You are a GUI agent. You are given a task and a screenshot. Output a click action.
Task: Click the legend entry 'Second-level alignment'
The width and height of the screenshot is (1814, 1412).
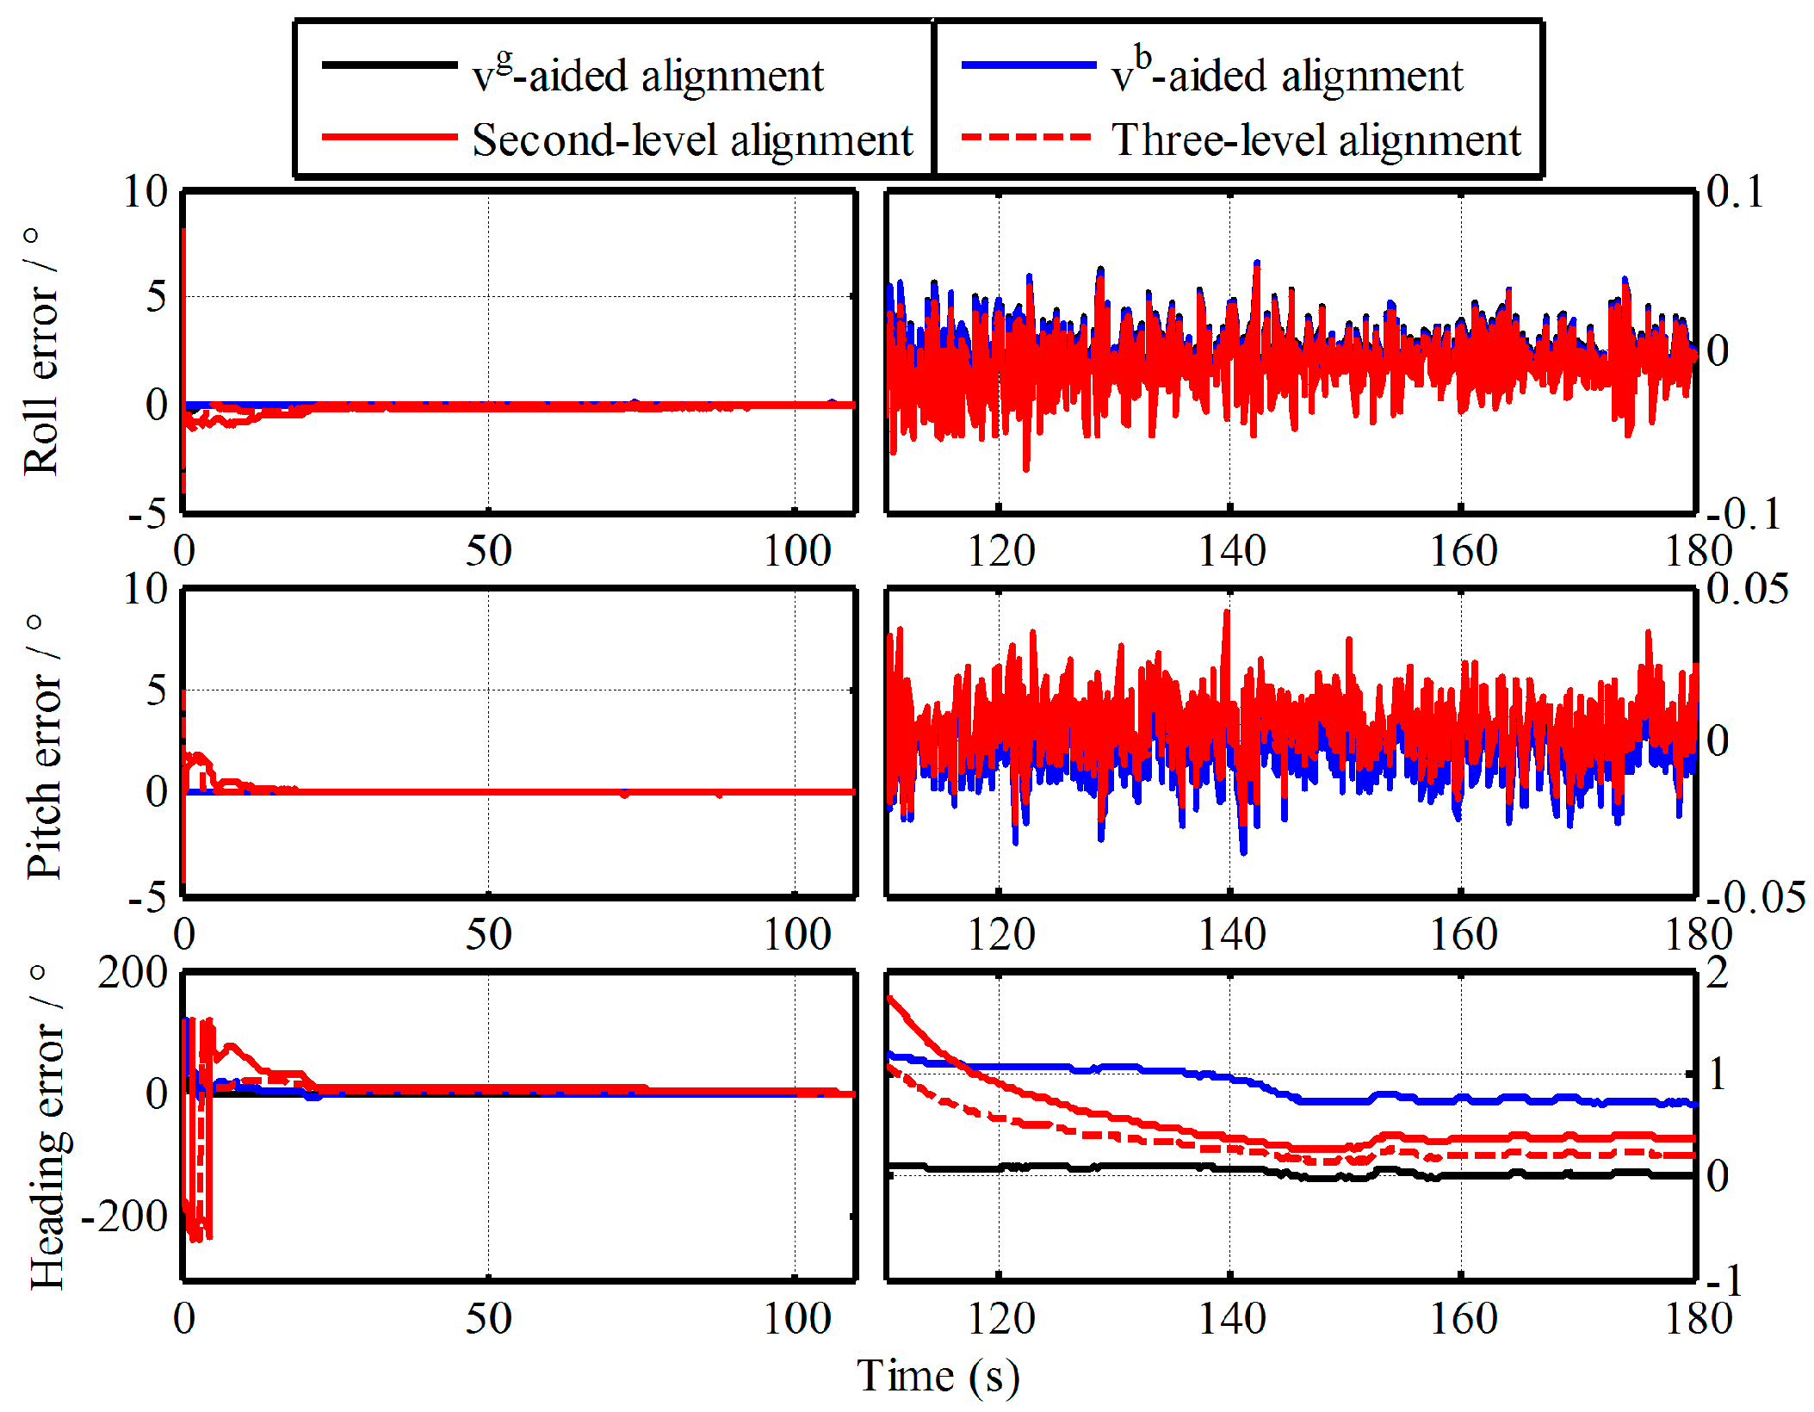(691, 139)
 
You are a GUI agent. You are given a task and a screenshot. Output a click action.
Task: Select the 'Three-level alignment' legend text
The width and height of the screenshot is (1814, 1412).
(1316, 139)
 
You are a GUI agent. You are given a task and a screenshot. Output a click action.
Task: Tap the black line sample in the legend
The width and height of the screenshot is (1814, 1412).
(389, 65)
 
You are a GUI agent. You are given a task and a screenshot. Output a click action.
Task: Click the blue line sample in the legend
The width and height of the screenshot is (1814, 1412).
(1028, 65)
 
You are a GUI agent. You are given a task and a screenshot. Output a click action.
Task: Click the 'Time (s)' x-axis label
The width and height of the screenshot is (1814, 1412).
(938, 1375)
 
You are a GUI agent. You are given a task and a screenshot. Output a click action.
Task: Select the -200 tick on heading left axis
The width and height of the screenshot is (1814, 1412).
(124, 1216)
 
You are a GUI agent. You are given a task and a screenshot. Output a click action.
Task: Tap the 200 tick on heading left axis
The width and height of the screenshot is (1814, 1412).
(133, 973)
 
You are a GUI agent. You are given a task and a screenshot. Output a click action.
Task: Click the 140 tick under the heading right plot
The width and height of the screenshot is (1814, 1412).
(1232, 1318)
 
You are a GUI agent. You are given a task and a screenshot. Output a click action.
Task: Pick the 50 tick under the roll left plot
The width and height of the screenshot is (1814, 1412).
(488, 551)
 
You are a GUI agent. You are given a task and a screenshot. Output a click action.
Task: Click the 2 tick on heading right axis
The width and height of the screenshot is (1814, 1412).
(1718, 973)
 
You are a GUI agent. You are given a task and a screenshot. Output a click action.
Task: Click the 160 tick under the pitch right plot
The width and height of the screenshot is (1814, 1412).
(1463, 934)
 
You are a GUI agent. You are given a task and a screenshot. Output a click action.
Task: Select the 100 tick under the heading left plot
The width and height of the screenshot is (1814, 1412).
(796, 1318)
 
